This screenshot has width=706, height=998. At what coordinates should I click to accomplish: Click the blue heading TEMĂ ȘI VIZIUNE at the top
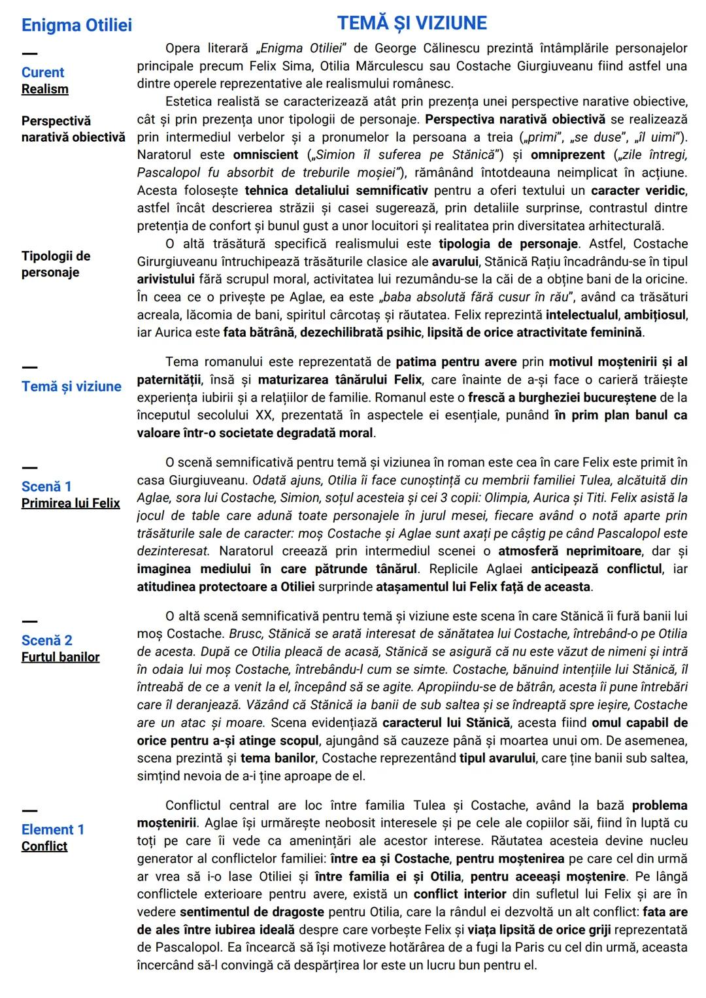(x=412, y=24)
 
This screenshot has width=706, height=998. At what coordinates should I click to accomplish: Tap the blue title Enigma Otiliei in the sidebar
(x=76, y=25)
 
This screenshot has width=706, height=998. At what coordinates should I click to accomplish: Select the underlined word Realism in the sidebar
(x=44, y=89)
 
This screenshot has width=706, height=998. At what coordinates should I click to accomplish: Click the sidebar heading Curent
(x=42, y=73)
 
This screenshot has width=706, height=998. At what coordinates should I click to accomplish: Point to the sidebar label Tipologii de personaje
(x=56, y=264)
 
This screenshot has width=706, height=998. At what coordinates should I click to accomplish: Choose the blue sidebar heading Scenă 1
(x=46, y=486)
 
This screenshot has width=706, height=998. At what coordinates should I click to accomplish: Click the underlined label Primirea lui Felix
(x=71, y=503)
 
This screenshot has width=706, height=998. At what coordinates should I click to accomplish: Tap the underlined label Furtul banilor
(x=60, y=657)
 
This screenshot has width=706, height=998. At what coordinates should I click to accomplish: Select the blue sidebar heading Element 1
(x=52, y=829)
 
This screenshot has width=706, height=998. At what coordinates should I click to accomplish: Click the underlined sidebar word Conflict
(x=44, y=846)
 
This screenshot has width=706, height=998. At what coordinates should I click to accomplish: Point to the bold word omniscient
(x=265, y=155)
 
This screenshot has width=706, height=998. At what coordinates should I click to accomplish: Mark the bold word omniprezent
(x=567, y=155)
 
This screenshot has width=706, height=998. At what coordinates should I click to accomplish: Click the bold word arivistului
(x=165, y=279)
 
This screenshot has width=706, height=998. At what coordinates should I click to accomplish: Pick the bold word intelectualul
(x=582, y=314)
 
